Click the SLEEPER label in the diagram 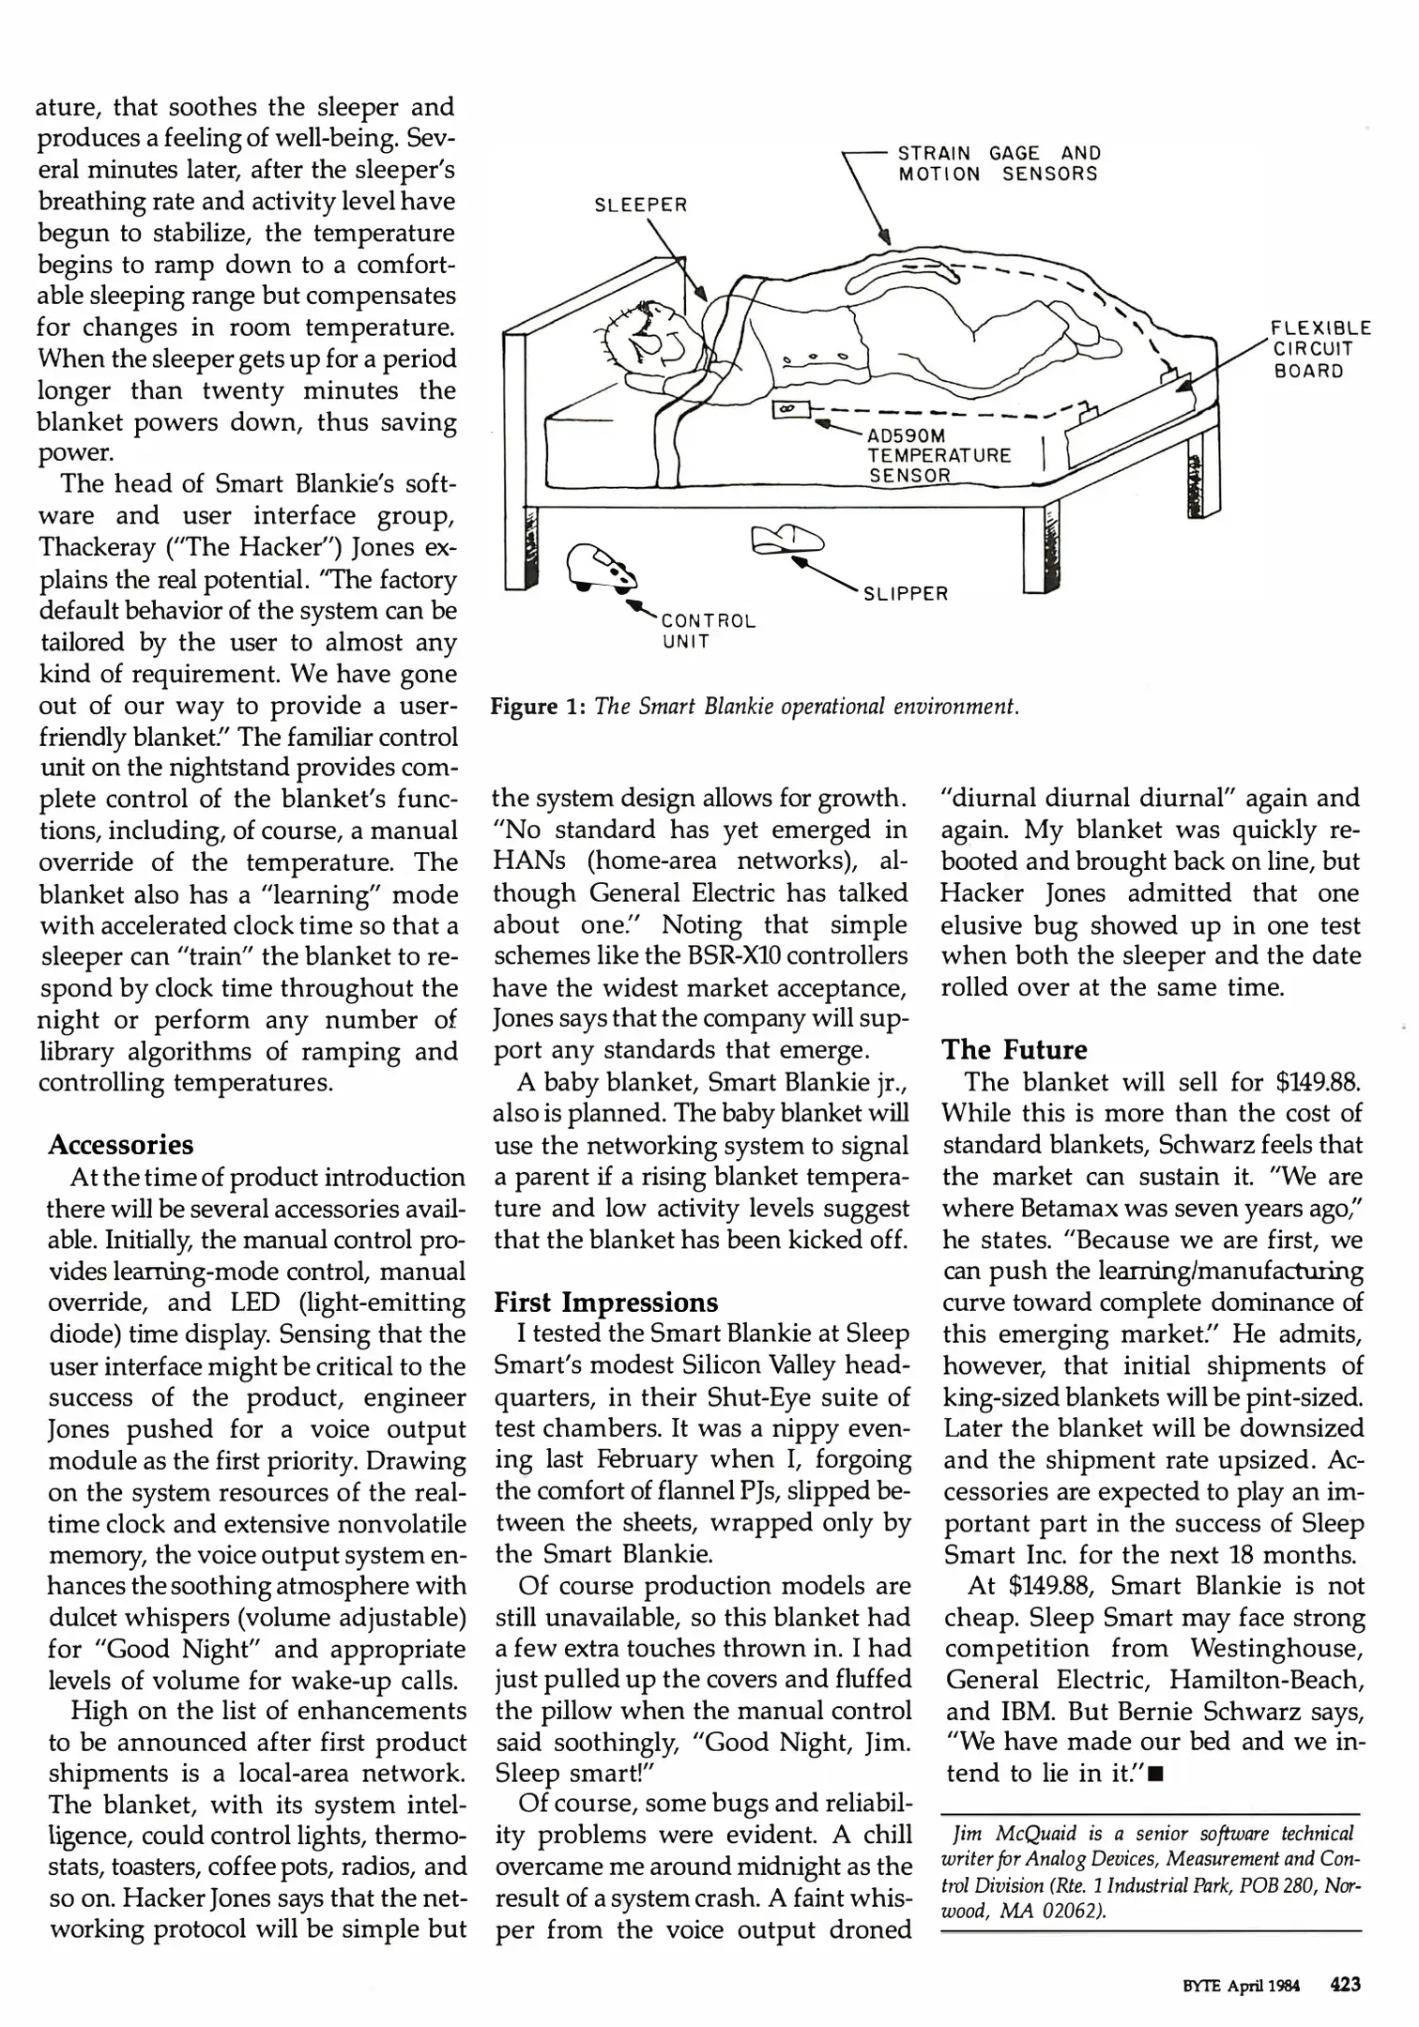pos(641,205)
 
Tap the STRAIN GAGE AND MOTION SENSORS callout pos(999,164)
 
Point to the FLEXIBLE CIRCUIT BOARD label pos(1320,349)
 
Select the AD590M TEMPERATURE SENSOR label pos(938,455)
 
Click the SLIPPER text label pos(905,593)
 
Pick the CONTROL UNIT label pos(709,632)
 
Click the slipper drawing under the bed pos(786,540)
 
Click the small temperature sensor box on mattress pos(786,409)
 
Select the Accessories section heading pos(121,1145)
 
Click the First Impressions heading pos(605,1303)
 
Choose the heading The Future pos(1015,1049)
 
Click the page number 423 pos(1344,1984)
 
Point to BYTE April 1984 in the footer pos(1240,1985)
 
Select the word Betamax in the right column pos(1061,1209)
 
